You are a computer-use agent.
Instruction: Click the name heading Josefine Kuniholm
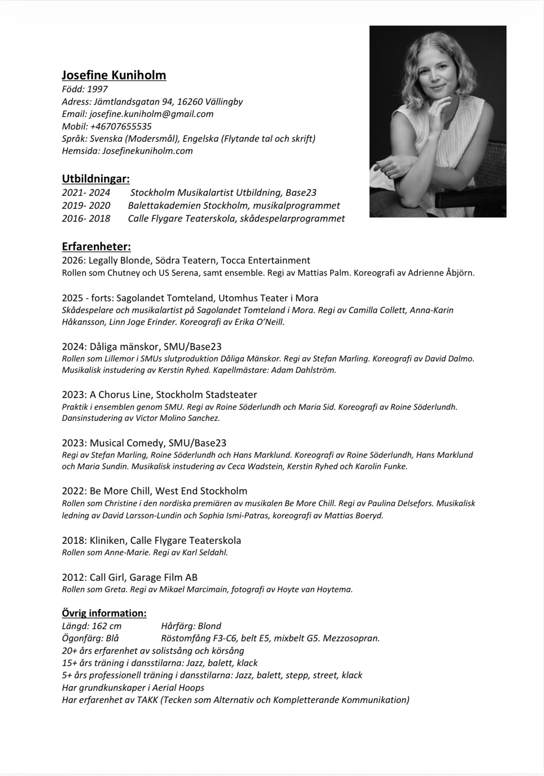[x=114, y=75]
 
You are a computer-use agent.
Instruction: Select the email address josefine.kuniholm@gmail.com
[x=152, y=114]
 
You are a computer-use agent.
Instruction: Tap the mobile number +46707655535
[x=121, y=126]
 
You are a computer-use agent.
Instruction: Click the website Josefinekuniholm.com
[x=147, y=151]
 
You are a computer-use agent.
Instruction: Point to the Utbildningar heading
[x=96, y=178]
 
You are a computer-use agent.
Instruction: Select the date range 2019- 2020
[x=86, y=206]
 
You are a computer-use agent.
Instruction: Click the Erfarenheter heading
[x=96, y=246]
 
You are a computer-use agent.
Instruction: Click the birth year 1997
[x=97, y=89]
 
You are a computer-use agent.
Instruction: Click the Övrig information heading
[x=104, y=613]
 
